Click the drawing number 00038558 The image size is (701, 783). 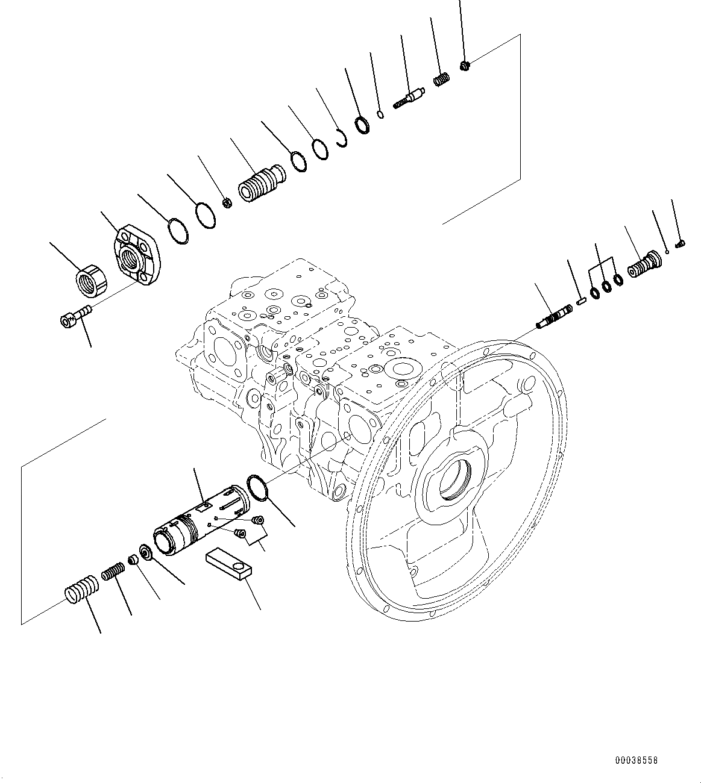pos(637,761)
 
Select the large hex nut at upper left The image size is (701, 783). pos(91,281)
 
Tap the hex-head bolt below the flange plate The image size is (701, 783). pos(77,315)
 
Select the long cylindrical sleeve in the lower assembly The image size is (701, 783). pos(202,520)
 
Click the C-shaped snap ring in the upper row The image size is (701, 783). pos(342,138)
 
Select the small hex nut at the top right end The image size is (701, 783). pos(465,66)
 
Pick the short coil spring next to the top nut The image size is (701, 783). pos(441,80)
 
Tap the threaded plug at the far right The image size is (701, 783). pos(644,264)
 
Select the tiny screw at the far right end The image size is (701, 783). pos(680,243)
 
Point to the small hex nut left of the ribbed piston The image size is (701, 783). pos(228,202)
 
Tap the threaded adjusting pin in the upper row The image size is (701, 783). pos(409,98)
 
